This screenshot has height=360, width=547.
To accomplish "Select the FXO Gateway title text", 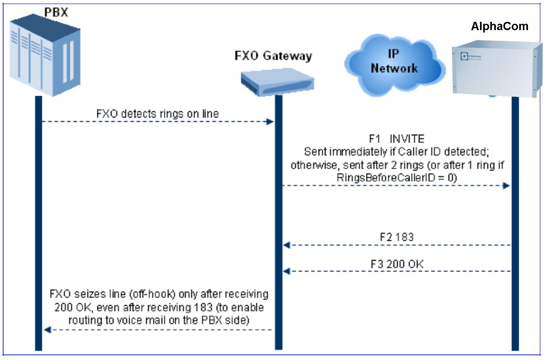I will click(273, 56).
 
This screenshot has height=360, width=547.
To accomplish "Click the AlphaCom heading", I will click(499, 26).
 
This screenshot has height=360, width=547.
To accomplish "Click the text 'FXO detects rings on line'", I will click(157, 114).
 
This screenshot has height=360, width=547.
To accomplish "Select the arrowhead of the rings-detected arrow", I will click(270, 121).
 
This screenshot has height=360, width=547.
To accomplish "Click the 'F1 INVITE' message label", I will click(396, 139).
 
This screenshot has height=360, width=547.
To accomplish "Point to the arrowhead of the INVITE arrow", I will click(506, 186).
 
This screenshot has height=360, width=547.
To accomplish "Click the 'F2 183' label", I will click(396, 237).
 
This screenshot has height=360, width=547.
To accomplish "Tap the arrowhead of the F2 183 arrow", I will click(287, 245).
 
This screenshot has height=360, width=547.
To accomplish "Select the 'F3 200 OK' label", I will click(397, 264).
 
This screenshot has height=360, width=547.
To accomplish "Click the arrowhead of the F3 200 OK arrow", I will click(287, 272).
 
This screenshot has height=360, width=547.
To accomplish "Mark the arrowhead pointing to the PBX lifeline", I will click(47, 329).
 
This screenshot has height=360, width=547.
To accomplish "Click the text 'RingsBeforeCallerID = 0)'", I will click(396, 178).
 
